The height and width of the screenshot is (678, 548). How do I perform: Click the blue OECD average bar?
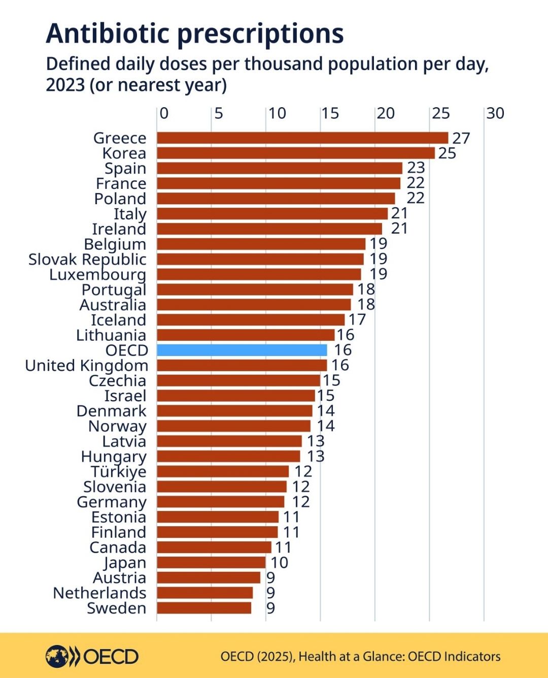pyautogui.click(x=242, y=350)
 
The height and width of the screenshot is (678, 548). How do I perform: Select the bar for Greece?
pyautogui.click(x=302, y=138)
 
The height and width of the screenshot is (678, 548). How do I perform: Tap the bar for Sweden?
pyautogui.click(x=204, y=608)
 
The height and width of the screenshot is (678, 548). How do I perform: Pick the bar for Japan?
pyautogui.click(x=211, y=562)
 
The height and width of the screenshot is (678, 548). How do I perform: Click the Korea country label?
pyautogui.click(x=124, y=153)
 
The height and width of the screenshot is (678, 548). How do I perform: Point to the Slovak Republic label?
pyautogui.click(x=87, y=259)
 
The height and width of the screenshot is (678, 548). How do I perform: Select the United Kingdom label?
pyautogui.click(x=86, y=365)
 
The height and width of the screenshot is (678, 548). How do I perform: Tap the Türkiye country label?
pyautogui.click(x=118, y=471)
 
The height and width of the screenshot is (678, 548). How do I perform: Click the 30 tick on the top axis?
pyautogui.click(x=495, y=113)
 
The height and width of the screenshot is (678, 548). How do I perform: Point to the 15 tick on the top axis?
pyautogui.click(x=330, y=113)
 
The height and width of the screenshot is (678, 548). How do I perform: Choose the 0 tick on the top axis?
pyautogui.click(x=164, y=113)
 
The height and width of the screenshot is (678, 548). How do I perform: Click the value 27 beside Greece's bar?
pyautogui.click(x=461, y=138)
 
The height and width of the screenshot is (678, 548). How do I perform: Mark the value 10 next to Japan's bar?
pyautogui.click(x=279, y=562)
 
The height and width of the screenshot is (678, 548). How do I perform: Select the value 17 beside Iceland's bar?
pyautogui.click(x=357, y=319)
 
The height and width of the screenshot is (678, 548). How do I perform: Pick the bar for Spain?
pyautogui.click(x=279, y=168)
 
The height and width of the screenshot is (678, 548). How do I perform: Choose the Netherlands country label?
pyautogui.click(x=99, y=593)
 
